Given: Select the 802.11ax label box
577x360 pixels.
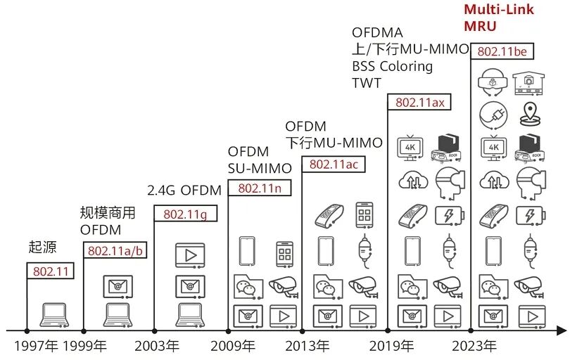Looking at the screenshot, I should click(x=419, y=102).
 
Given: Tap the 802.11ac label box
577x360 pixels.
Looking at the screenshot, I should click(x=334, y=164).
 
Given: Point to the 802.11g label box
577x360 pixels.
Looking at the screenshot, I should click(x=186, y=213).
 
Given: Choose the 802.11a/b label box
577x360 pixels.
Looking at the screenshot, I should click(x=115, y=250).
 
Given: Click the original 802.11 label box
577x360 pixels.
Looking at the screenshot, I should click(x=51, y=271).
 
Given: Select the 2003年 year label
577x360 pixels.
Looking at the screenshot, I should click(x=157, y=346).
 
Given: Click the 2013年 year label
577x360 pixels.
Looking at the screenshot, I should click(x=307, y=346).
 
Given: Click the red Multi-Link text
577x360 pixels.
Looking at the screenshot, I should click(x=498, y=9).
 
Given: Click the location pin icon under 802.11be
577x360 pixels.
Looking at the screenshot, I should click(x=529, y=114).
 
